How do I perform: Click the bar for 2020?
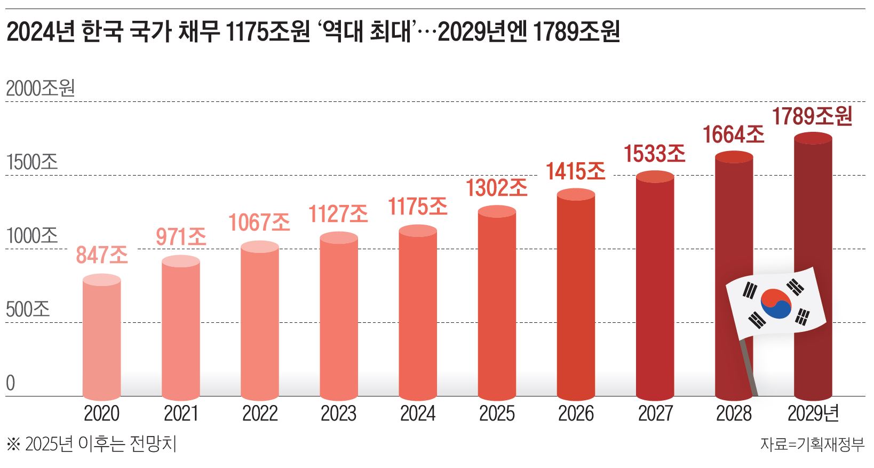[x=102, y=339]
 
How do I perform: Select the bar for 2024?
[x=418, y=315]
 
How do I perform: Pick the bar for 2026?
[x=576, y=296]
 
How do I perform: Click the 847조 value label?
[x=102, y=255]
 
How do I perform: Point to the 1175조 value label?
[x=418, y=207]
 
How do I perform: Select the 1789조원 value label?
[x=812, y=116]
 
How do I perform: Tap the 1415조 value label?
[x=575, y=171]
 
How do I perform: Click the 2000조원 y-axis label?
[x=40, y=89]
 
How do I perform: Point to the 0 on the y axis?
[x=11, y=383]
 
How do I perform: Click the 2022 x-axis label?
[x=260, y=414]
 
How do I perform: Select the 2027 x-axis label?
[x=655, y=414]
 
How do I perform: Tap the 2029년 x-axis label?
[x=813, y=414]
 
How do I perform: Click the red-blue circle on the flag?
[x=775, y=303]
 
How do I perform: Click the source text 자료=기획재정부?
[x=812, y=444]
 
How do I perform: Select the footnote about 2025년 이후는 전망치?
[x=91, y=444]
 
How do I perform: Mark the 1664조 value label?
[x=733, y=134]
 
